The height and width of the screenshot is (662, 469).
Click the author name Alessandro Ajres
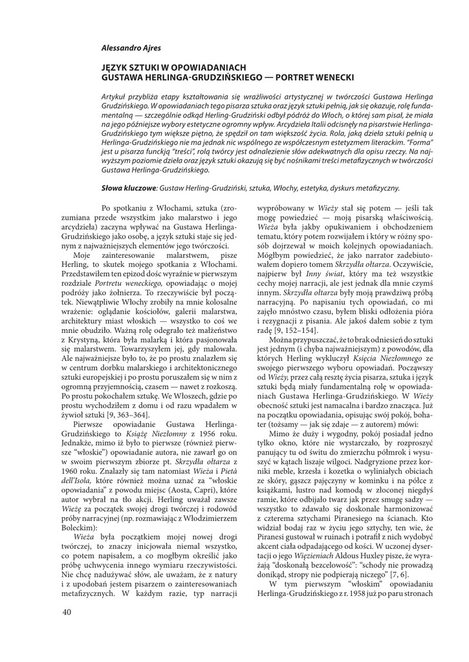point(132,48)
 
